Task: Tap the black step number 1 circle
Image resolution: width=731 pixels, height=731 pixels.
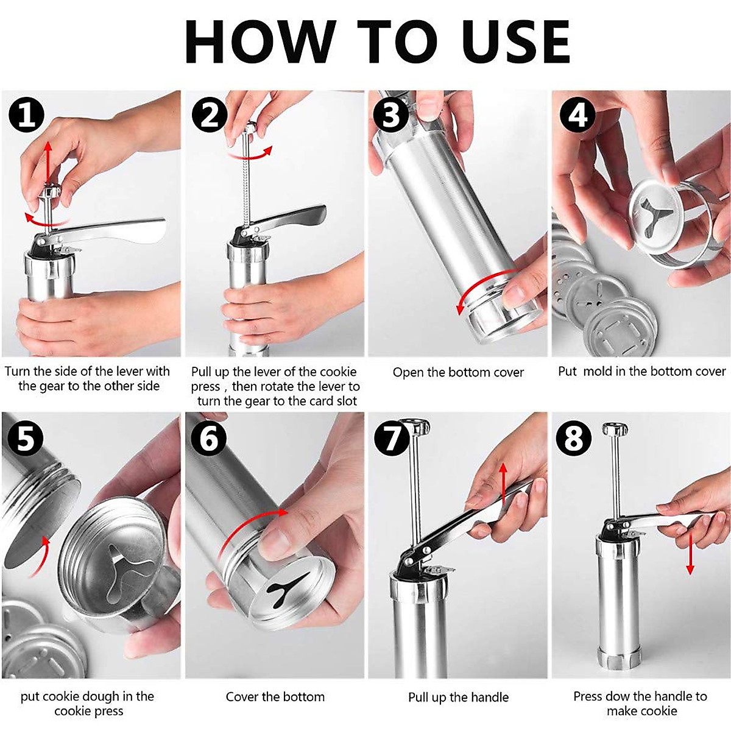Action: [26, 116]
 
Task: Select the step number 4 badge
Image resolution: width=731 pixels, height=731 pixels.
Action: [577, 115]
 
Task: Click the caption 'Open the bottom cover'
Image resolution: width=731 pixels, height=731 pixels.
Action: [458, 372]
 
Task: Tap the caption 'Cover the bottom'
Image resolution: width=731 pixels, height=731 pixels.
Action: [275, 697]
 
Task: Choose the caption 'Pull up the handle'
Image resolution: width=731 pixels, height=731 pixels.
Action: [458, 697]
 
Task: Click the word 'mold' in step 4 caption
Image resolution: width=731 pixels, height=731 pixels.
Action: [598, 372]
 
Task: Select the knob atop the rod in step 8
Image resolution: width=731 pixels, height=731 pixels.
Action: [613, 429]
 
